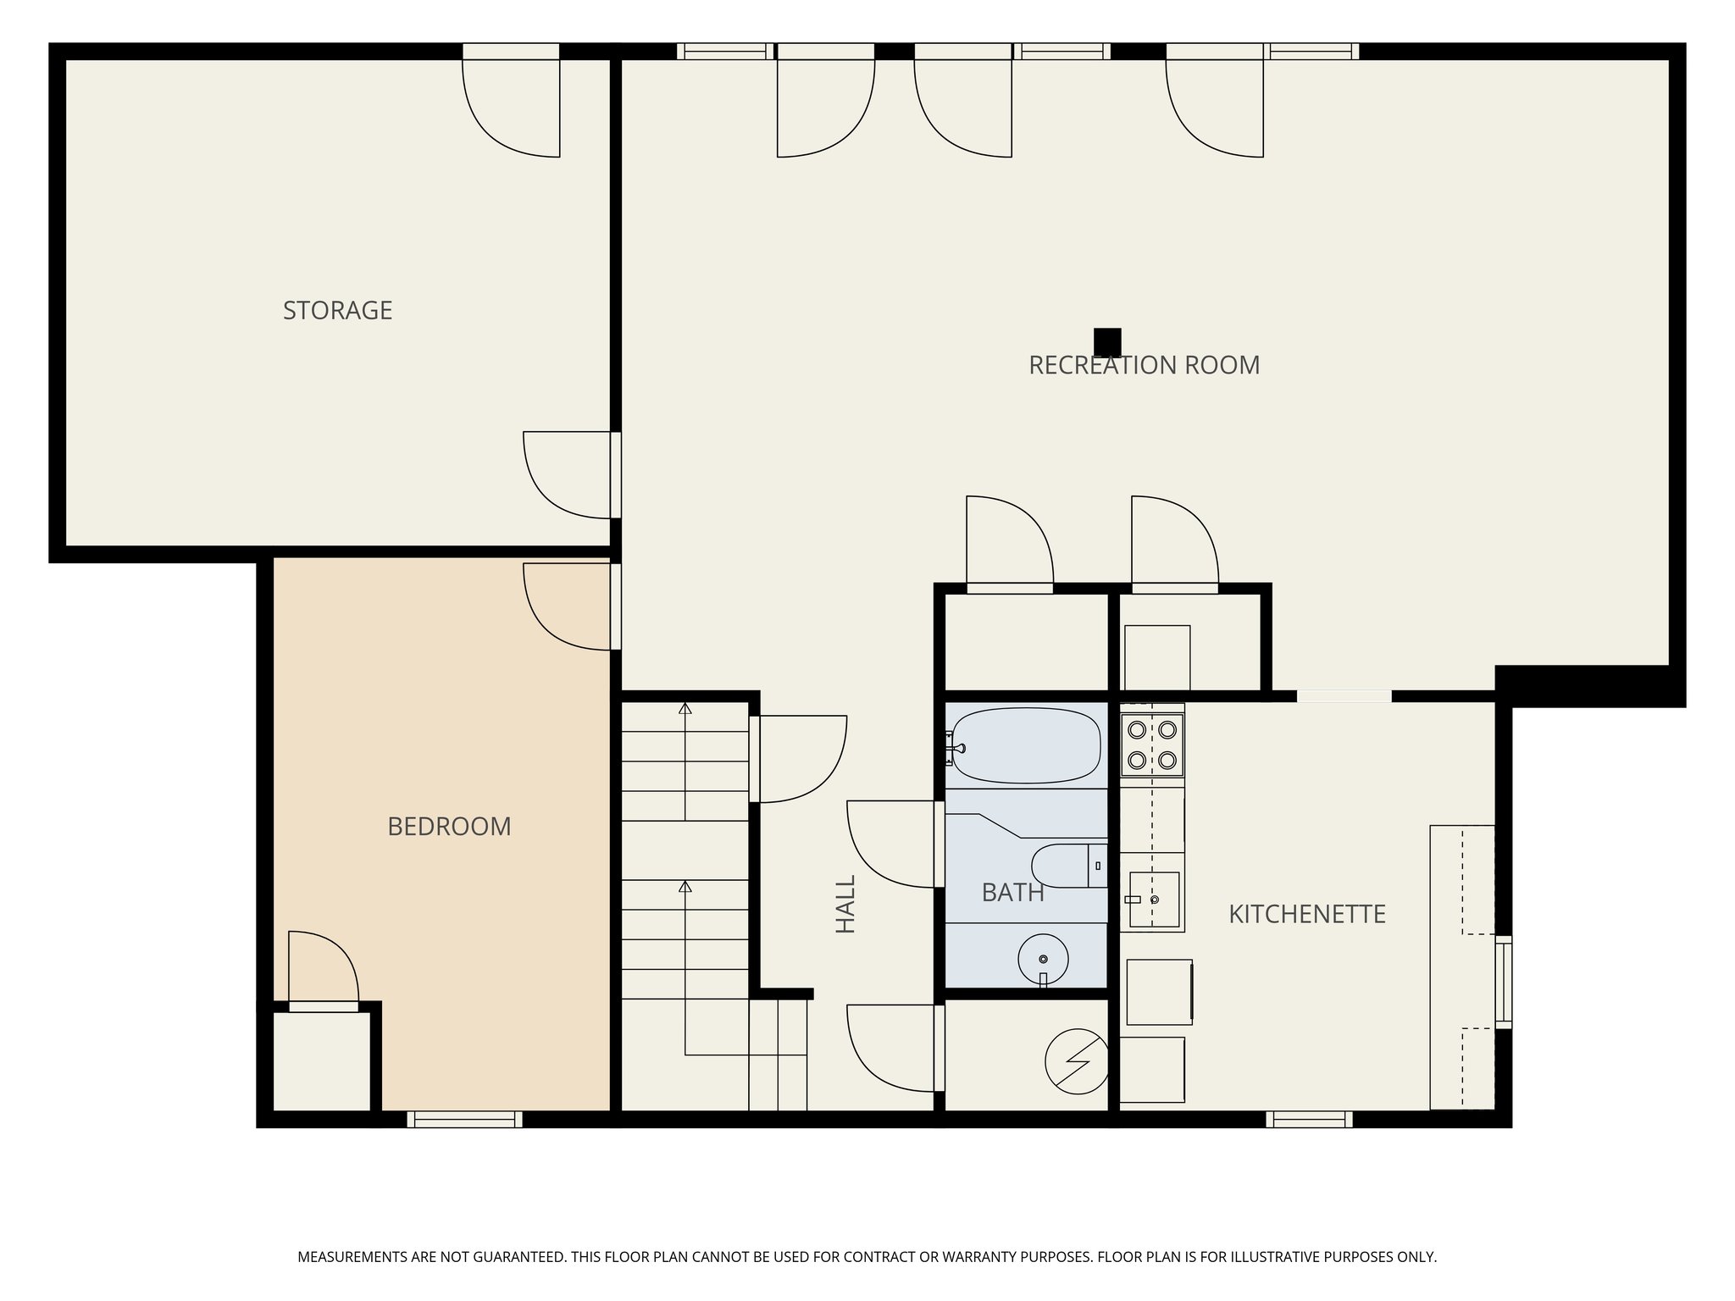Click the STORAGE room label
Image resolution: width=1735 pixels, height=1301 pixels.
point(337,311)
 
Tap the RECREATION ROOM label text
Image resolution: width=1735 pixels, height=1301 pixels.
point(1144,365)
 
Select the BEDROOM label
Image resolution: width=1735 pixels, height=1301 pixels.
point(449,827)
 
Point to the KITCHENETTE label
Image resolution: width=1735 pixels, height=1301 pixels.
point(1306,914)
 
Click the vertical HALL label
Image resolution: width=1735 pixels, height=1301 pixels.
point(846,904)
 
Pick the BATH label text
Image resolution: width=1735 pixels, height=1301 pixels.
point(1012,892)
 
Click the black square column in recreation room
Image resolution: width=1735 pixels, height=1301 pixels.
point(1107,342)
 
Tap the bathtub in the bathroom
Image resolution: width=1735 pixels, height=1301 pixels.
point(1027,745)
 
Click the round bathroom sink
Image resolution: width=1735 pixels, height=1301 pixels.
point(1043,959)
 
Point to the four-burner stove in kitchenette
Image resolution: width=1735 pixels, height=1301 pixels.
point(1151,745)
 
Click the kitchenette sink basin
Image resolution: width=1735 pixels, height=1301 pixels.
point(1153,900)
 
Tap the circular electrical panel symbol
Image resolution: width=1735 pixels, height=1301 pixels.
point(1076,1060)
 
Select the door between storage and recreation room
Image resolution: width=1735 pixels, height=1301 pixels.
point(568,474)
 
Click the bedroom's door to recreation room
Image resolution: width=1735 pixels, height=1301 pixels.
point(568,606)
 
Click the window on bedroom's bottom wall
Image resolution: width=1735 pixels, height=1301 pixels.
point(464,1119)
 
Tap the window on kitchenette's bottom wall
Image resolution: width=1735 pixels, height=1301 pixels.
point(1309,1119)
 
